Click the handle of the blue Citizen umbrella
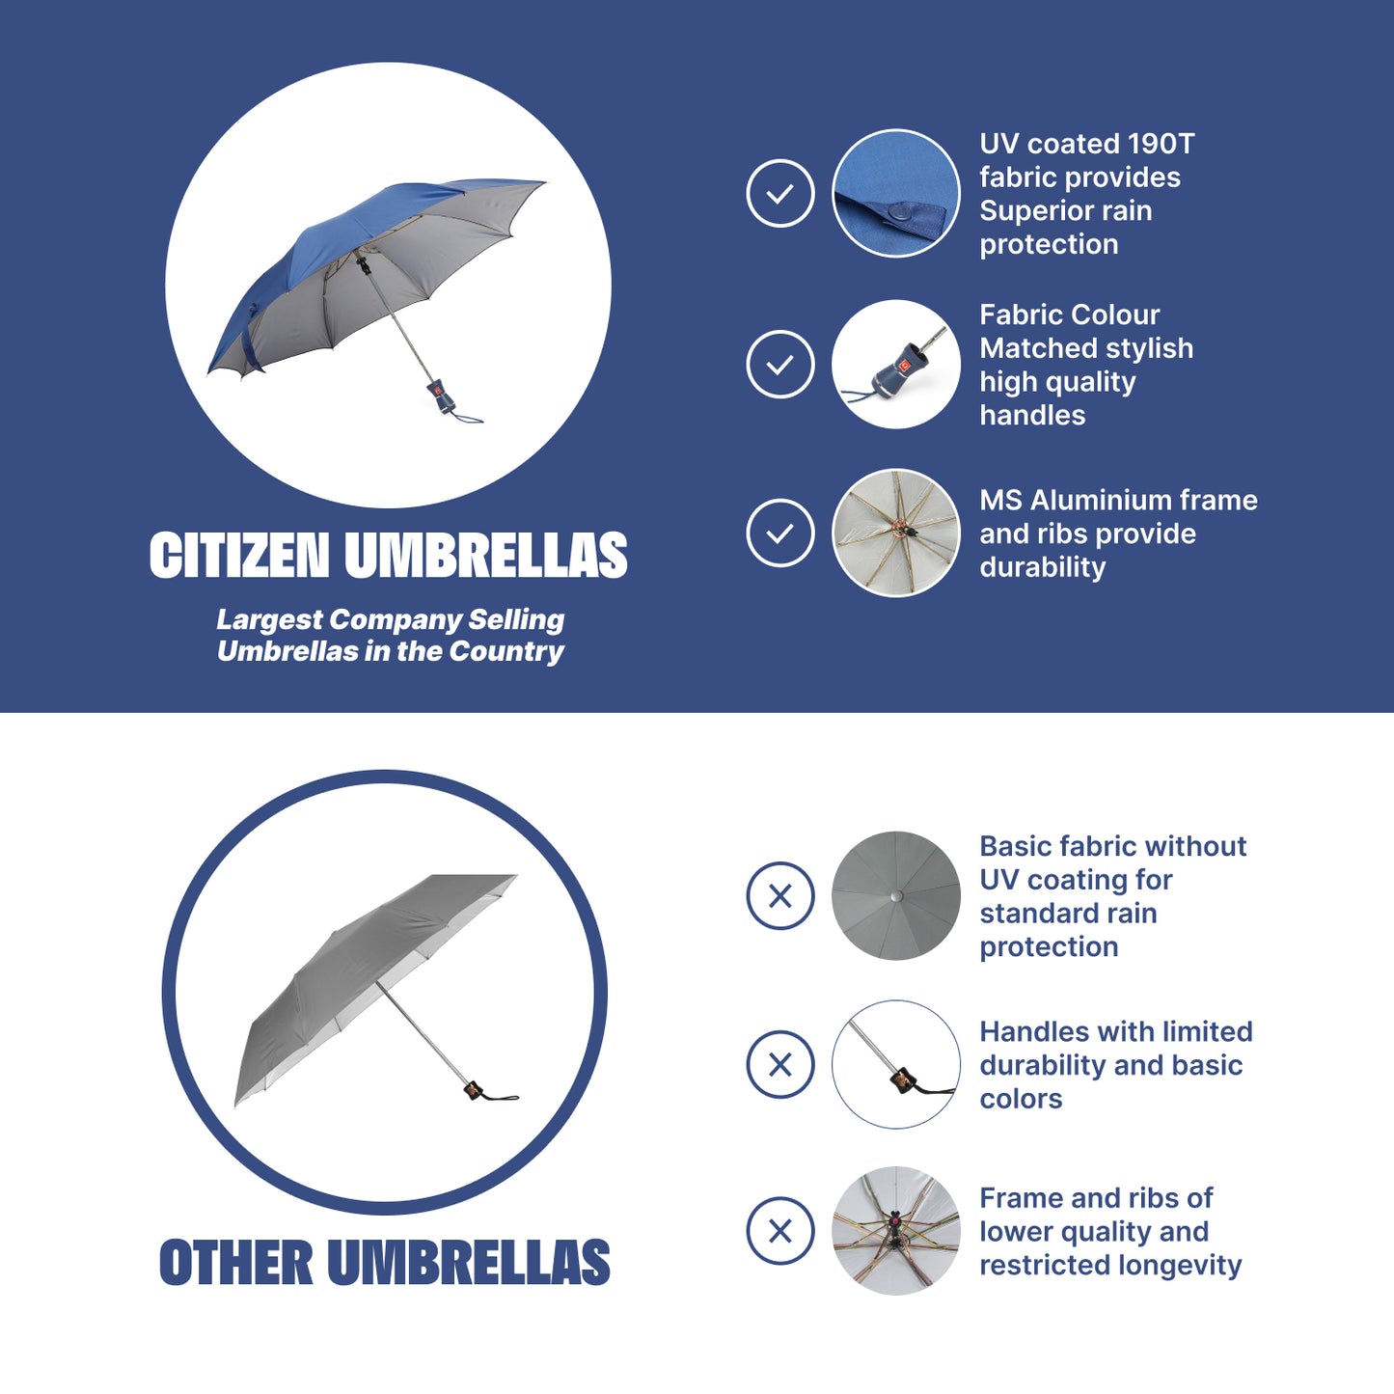pyautogui.click(x=441, y=396)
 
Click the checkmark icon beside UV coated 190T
pyautogui.click(x=779, y=193)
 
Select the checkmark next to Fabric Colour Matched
pyautogui.click(x=779, y=364)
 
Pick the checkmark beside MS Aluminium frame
pyautogui.click(x=779, y=533)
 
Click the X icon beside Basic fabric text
pyautogui.click(x=779, y=895)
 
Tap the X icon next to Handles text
pyautogui.click(x=779, y=1064)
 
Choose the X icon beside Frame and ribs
pyautogui.click(x=779, y=1231)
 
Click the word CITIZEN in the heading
pyautogui.click(x=239, y=555)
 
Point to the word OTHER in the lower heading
pyautogui.click(x=235, y=1262)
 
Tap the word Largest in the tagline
pyautogui.click(x=269, y=619)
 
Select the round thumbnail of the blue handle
pyautogui.click(x=896, y=364)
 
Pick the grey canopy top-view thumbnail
pyautogui.click(x=896, y=895)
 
